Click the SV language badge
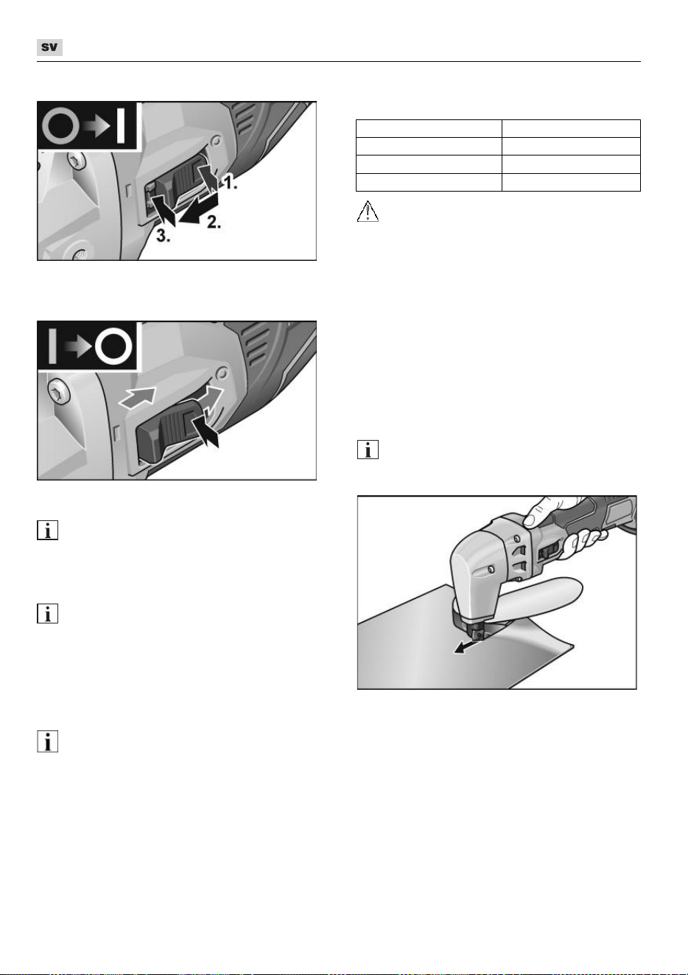coord(49,47)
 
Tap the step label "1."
coord(231,183)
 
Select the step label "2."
coord(214,223)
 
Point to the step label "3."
coord(164,237)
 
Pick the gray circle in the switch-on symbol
coord(61,126)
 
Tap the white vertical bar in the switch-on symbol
coord(121,126)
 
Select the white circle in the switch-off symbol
coord(114,346)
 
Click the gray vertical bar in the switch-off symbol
coord(52,346)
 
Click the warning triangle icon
coord(368,211)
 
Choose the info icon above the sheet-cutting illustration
coord(368,450)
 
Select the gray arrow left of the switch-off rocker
coord(137,397)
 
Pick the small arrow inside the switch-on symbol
coord(96,126)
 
